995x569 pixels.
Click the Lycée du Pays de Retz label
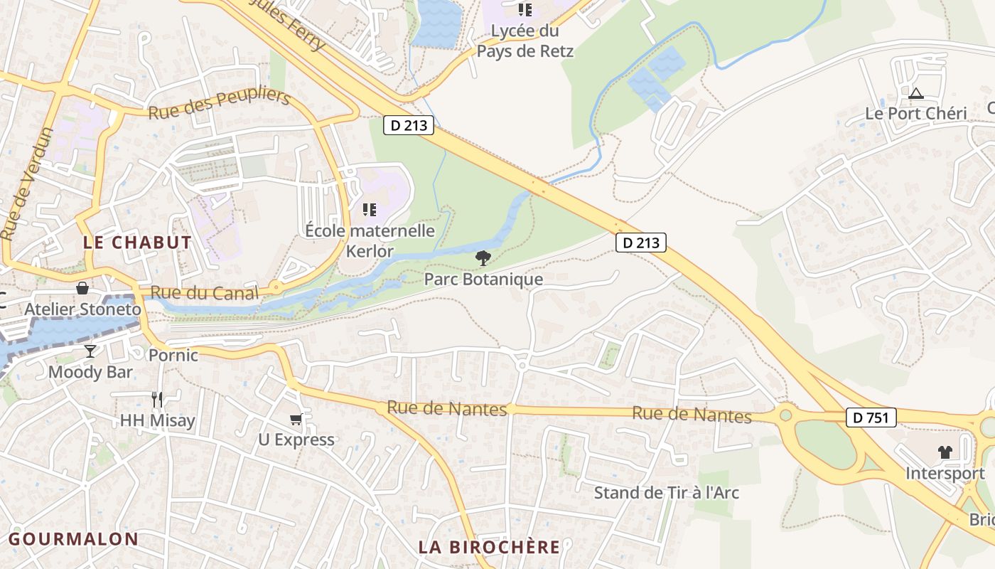pyautogui.click(x=525, y=41)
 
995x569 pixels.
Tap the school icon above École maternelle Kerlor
pyautogui.click(x=369, y=210)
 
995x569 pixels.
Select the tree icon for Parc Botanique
pyautogui.click(x=483, y=257)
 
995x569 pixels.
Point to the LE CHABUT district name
pyautogui.click(x=137, y=243)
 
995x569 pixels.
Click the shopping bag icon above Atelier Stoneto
pyautogui.click(x=82, y=288)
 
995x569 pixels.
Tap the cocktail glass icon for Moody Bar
pyautogui.click(x=90, y=351)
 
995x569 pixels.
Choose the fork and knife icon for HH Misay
pyautogui.click(x=157, y=399)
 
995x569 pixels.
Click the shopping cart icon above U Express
pyautogui.click(x=296, y=420)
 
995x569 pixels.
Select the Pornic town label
pyautogui.click(x=173, y=355)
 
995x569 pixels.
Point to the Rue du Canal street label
pyautogui.click(x=205, y=293)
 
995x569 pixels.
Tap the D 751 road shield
pyautogui.click(x=871, y=418)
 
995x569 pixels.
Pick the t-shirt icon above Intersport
pyautogui.click(x=945, y=452)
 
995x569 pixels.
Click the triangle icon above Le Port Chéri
pyautogui.click(x=915, y=93)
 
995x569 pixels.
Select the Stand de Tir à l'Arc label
pyautogui.click(x=666, y=492)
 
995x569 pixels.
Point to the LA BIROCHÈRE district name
pyautogui.click(x=489, y=547)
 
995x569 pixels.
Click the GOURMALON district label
pyautogui.click(x=73, y=538)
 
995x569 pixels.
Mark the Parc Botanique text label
pyautogui.click(x=483, y=279)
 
